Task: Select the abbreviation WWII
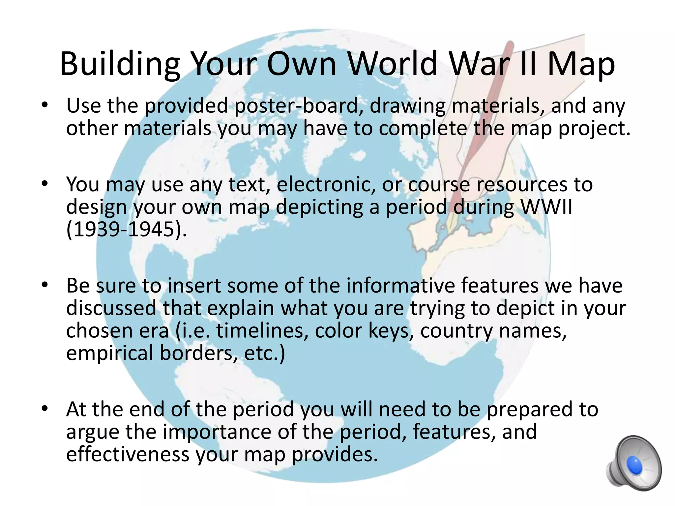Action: [546, 207]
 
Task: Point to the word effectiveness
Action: [128, 454]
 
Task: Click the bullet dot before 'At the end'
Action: [45, 409]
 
